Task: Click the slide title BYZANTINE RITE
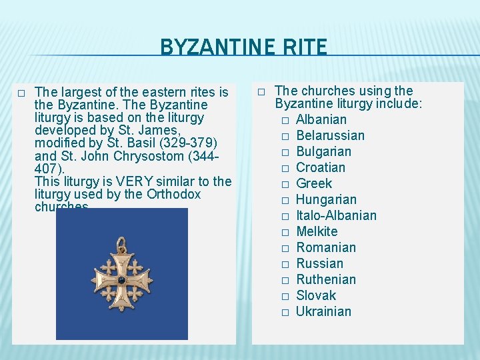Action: [243, 47]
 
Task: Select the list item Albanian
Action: [321, 119]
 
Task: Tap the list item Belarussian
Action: [330, 135]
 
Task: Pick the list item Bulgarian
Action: [323, 151]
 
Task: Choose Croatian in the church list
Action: [321, 167]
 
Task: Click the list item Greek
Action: [313, 183]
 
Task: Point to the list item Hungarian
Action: [326, 199]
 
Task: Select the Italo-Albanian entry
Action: [336, 215]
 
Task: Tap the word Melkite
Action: [317, 231]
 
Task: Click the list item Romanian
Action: [326, 247]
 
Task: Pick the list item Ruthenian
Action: [326, 279]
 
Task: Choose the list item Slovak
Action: [316, 295]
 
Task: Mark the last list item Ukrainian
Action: [323, 311]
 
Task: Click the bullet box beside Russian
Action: [285, 264]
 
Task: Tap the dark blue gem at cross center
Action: [121, 281]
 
